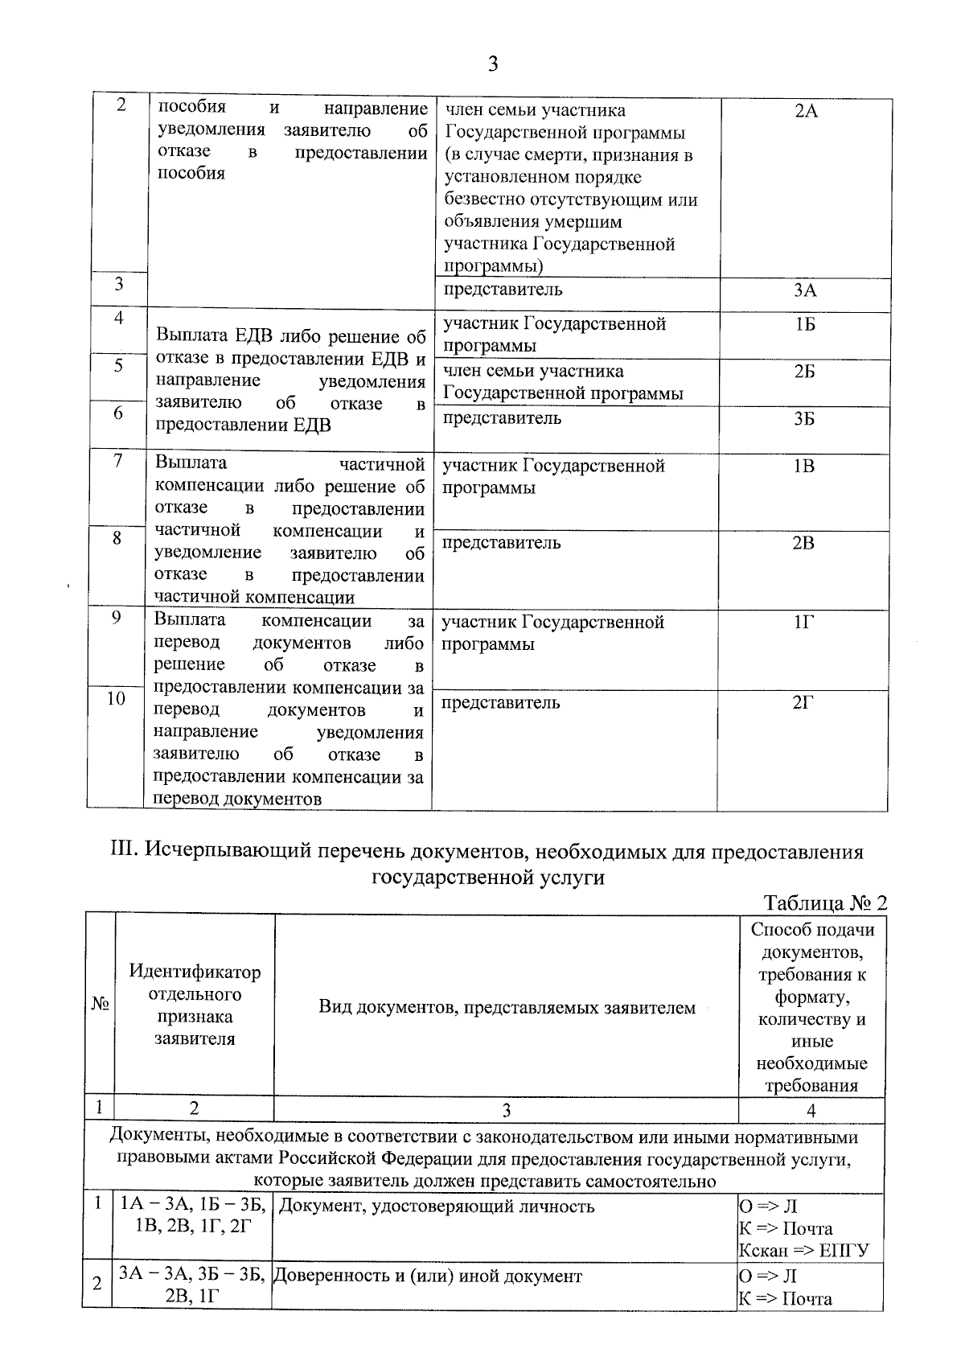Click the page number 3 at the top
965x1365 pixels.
pyautogui.click(x=492, y=64)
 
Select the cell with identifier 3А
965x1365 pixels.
pyautogui.click(x=805, y=291)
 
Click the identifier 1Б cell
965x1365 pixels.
pyautogui.click(x=805, y=325)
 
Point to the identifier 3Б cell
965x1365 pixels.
pyautogui.click(x=805, y=419)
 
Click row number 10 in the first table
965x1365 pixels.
pyautogui.click(x=117, y=699)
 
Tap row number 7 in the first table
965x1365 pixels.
pyautogui.click(x=117, y=462)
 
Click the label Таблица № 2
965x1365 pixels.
pyautogui.click(x=824, y=902)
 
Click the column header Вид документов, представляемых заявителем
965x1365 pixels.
pyautogui.click(x=507, y=1008)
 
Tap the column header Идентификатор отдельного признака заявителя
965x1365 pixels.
pyautogui.click(x=195, y=1005)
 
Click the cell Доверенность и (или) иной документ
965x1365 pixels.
pyautogui.click(x=427, y=1277)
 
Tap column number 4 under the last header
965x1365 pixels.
pyautogui.click(x=811, y=1111)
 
